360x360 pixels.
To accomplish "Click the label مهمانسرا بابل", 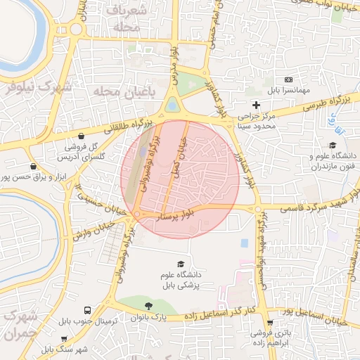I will point(287,91).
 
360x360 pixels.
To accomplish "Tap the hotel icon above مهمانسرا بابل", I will point(287,79).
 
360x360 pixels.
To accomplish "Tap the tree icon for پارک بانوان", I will point(148,306).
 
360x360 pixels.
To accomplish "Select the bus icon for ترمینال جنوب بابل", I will point(87,310).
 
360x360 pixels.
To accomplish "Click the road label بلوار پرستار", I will point(181,214).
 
